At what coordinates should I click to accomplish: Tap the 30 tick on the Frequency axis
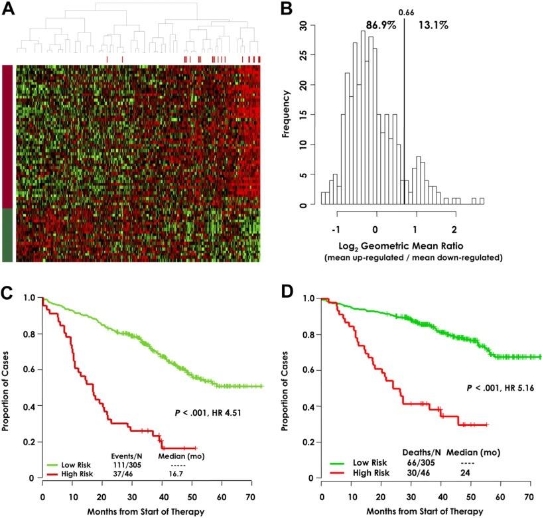pos(303,25)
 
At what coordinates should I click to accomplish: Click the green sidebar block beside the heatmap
pos(7,235)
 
